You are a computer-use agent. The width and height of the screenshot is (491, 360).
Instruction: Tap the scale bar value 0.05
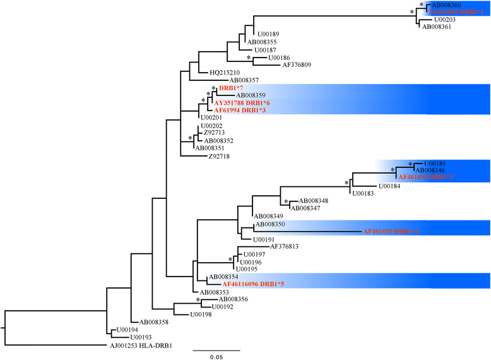tap(216, 357)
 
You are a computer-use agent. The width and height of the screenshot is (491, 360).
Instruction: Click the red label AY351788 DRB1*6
tap(242, 102)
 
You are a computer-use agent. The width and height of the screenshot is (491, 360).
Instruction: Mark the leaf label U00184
tap(389, 186)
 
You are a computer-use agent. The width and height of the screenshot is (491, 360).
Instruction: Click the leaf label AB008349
tap(269, 216)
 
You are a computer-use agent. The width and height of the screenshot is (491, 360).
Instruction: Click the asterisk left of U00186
tap(249, 58)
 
